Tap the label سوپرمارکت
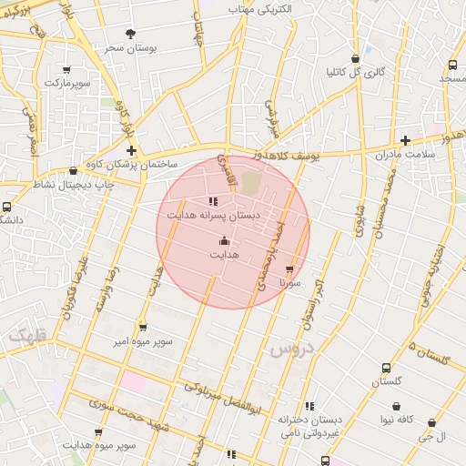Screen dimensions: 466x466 point(67,83)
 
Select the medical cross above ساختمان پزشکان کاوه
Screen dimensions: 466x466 point(132,150)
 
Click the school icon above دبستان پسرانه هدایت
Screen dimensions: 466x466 point(214,201)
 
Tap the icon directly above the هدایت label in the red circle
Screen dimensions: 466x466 point(225,240)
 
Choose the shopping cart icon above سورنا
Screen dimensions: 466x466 point(290,270)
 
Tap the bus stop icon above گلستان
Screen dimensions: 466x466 point(387,369)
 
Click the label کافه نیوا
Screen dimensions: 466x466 point(399,420)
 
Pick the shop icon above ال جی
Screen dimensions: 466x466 point(431,423)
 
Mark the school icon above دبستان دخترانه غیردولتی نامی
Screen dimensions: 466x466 point(310,406)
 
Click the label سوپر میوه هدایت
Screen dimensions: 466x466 point(100,445)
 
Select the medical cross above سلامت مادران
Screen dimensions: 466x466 point(406,141)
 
